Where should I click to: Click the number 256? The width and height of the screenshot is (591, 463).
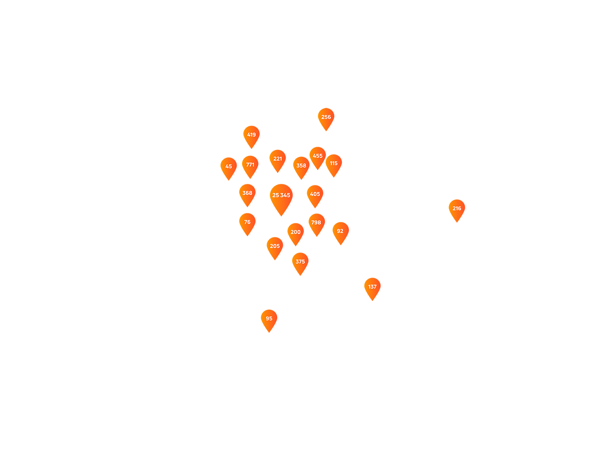(326, 117)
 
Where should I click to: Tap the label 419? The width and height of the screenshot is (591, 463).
(251, 135)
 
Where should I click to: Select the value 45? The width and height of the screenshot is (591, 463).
(229, 166)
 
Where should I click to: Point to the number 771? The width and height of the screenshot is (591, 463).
(250, 164)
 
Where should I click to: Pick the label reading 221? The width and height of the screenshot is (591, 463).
(278, 159)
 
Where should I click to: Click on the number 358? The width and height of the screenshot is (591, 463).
(301, 166)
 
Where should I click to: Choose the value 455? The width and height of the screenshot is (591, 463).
(318, 156)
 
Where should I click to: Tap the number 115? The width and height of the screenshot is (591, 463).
(334, 163)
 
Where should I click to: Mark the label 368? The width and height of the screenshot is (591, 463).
(247, 193)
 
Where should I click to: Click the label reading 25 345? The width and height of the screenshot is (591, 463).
(281, 195)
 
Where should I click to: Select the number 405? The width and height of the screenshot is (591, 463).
(315, 194)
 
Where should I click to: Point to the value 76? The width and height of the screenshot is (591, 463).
(247, 222)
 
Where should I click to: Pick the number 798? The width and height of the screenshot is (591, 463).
(316, 222)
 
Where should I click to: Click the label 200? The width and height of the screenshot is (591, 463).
(296, 232)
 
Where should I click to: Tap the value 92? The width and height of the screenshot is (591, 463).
(340, 232)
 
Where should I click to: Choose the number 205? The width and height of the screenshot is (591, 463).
(275, 246)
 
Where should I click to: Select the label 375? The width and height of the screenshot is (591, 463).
(300, 262)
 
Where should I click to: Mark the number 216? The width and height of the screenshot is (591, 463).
(457, 208)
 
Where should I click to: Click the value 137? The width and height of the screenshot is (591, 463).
(372, 287)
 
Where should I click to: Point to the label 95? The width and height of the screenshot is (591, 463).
(269, 319)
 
